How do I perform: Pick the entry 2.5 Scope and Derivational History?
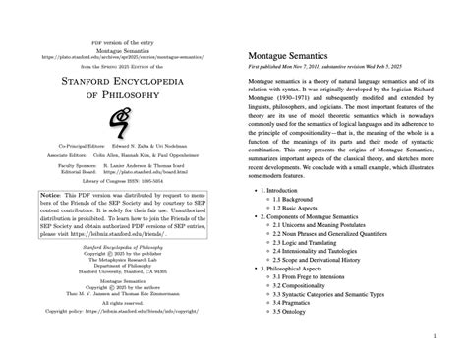point(329,270)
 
